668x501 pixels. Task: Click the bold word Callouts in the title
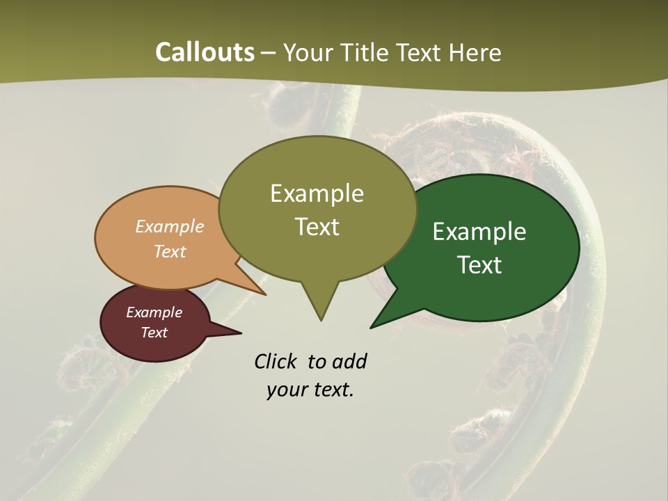coord(205,52)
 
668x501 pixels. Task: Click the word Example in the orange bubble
coord(170,226)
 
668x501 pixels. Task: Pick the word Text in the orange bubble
coord(170,251)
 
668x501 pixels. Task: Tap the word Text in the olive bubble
coord(317,227)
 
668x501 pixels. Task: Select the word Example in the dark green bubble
coord(479,231)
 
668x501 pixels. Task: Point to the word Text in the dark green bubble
coord(479,264)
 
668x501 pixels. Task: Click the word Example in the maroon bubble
coord(154,312)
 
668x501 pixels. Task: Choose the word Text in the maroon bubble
coord(154,333)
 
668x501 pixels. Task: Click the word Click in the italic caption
coord(276,361)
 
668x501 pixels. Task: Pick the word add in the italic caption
coord(349,361)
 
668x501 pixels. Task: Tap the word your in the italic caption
coord(283,390)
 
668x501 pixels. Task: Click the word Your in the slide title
coord(303,53)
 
